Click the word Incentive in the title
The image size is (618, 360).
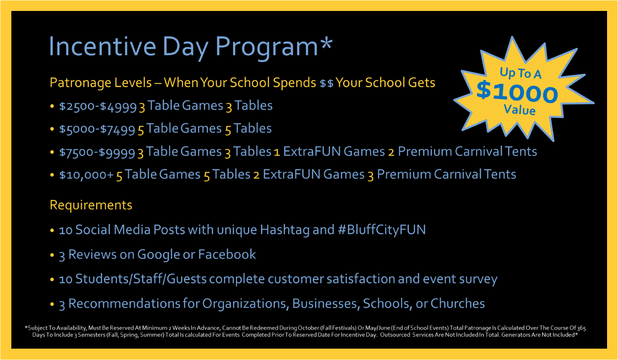point(102,47)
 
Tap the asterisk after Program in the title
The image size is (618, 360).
point(326,43)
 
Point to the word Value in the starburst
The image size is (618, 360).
point(519,110)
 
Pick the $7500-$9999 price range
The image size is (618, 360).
point(97,152)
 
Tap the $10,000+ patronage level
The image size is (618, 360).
point(86,175)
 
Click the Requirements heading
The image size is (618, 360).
point(91,205)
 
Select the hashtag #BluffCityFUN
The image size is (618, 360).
point(382,230)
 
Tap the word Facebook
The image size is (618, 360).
point(227,254)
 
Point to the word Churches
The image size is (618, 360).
point(458,303)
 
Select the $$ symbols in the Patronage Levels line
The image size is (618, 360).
point(326,83)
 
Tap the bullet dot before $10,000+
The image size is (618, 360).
point(52,175)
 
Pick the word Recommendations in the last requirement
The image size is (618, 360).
point(124,303)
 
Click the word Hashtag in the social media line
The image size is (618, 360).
point(285,230)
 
